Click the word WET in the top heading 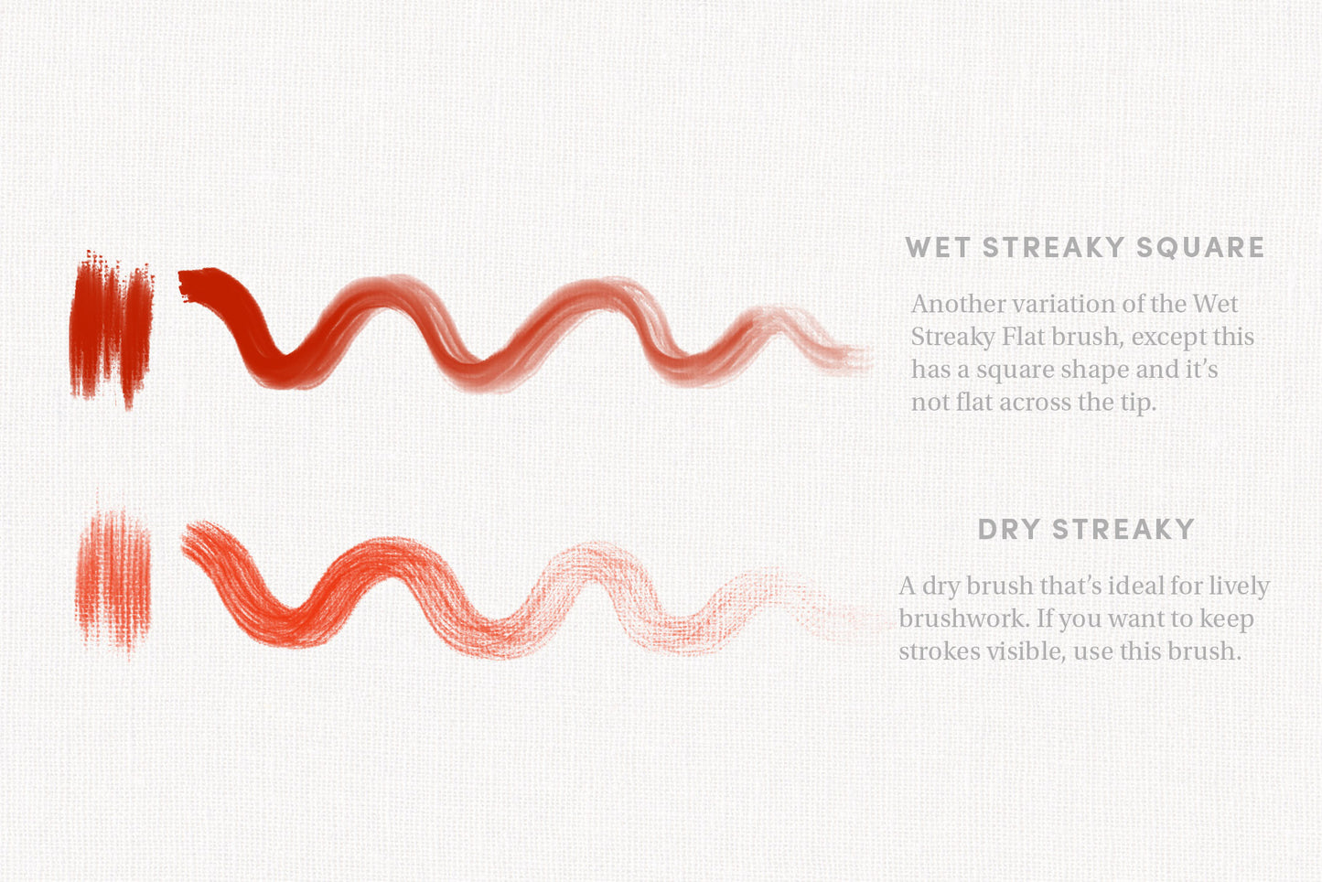coord(938,247)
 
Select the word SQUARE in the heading coord(1200,247)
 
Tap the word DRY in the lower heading coord(1009,529)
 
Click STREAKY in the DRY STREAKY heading coord(1123,529)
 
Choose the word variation coord(1063,304)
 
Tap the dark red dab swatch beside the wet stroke coord(112,329)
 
